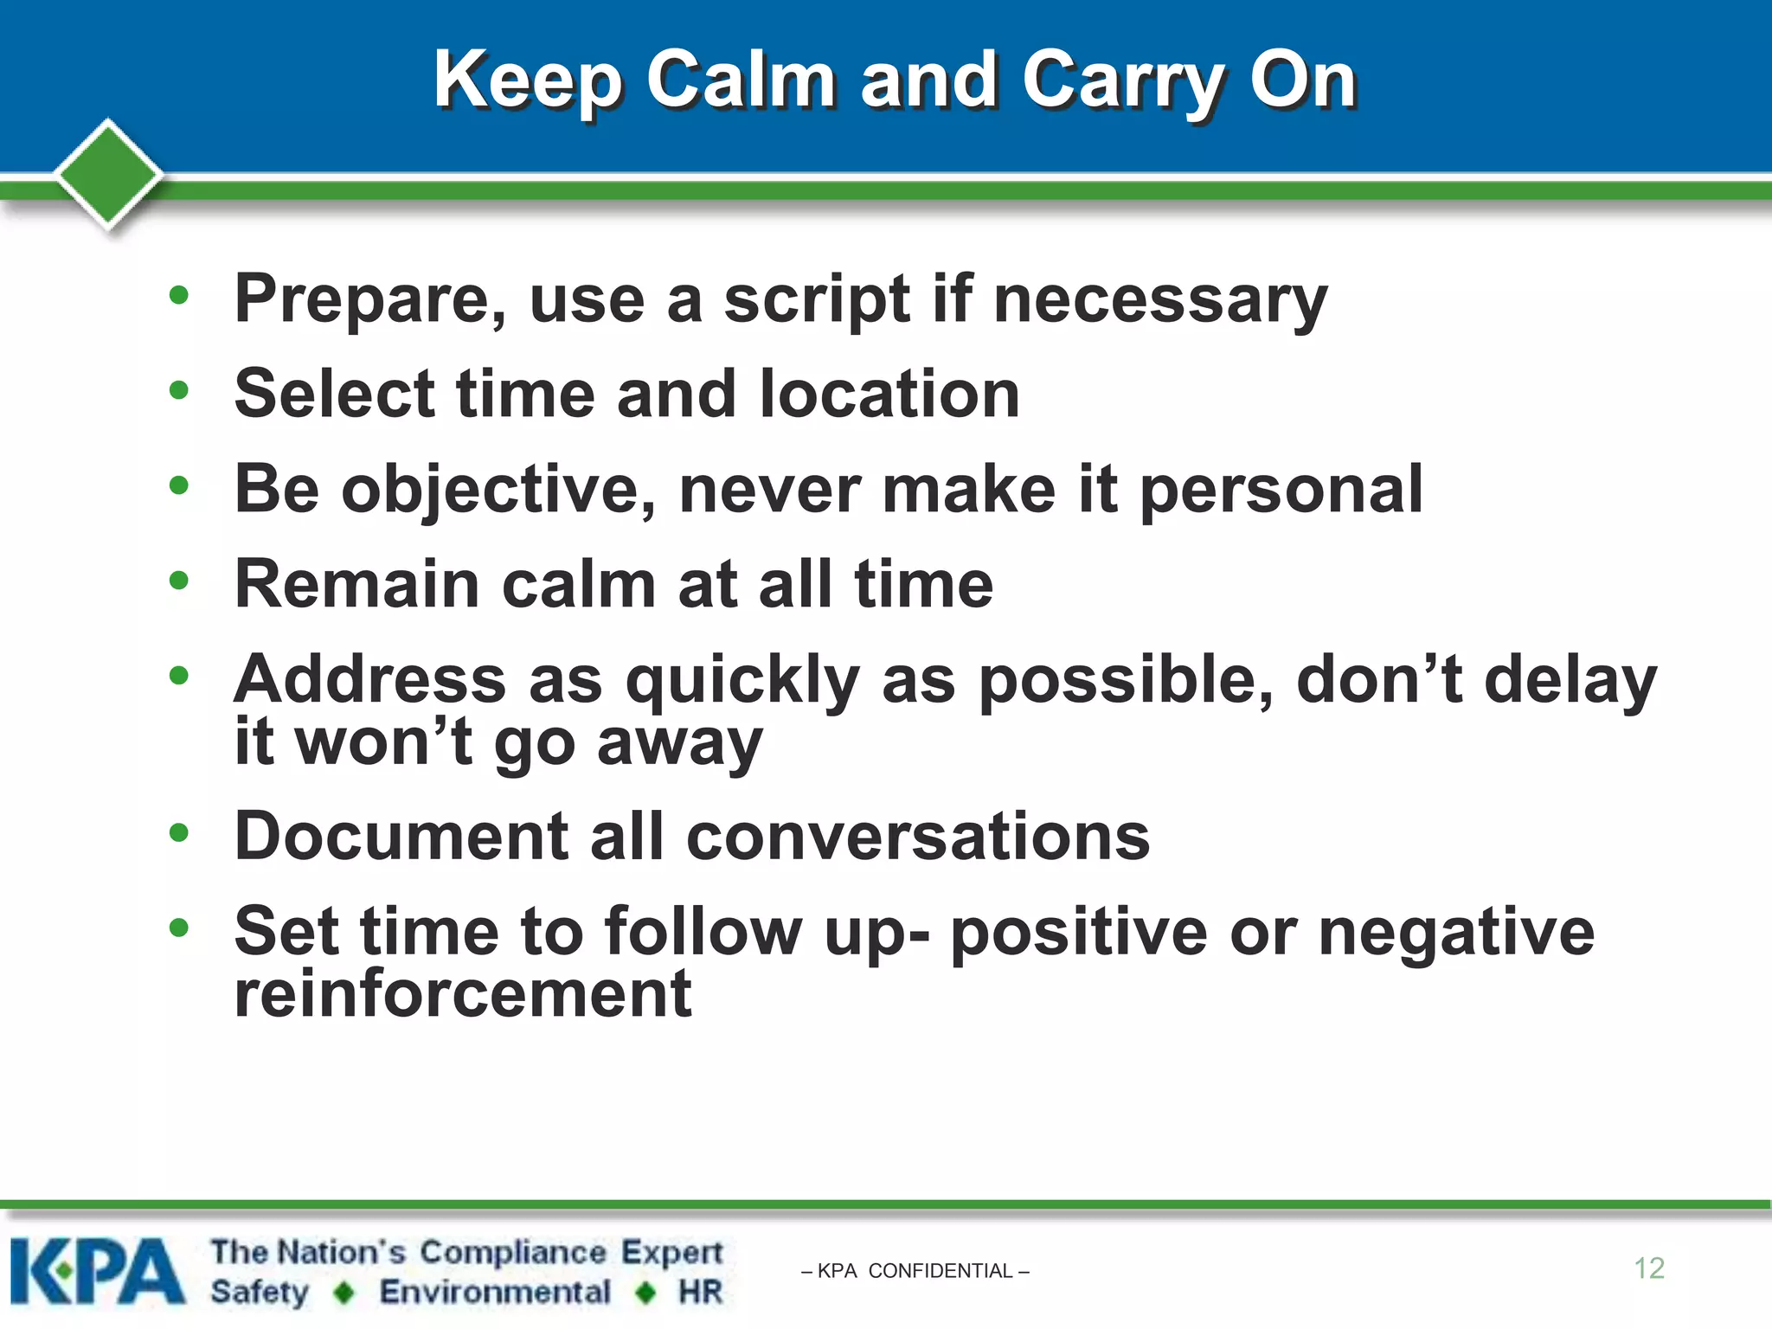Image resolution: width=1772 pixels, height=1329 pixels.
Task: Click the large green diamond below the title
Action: pos(108,173)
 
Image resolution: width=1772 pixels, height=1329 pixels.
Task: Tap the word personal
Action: pos(1281,490)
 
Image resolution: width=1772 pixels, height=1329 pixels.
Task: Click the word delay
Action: pos(1570,681)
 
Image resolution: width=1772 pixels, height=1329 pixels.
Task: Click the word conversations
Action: pos(917,837)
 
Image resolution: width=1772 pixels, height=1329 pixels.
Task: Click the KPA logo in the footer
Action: pos(97,1270)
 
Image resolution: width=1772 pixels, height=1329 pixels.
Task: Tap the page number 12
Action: pos(1648,1268)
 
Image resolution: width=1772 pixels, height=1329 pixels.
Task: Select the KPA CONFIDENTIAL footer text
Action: pos(915,1271)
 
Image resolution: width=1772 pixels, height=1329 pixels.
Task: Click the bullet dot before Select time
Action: pos(179,390)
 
